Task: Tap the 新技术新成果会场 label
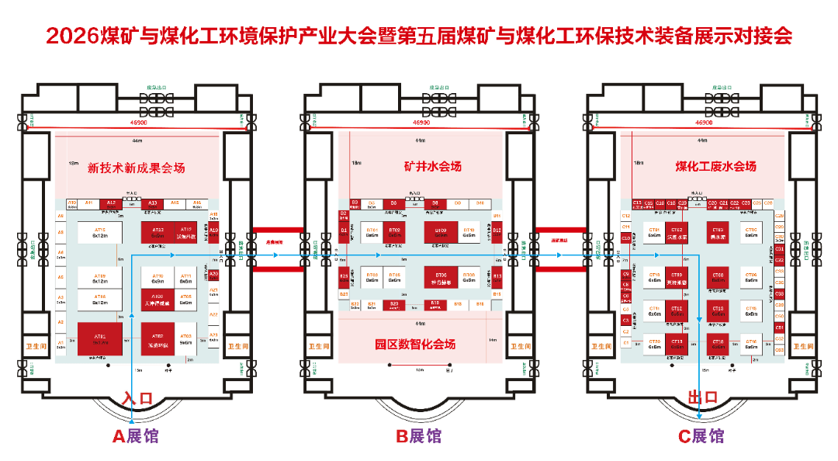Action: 136,167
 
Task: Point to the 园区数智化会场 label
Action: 415,344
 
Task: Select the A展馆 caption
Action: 136,436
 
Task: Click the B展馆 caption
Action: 419,436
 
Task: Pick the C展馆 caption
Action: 701,436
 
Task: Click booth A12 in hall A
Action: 111,203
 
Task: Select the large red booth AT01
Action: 100,338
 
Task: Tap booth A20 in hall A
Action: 213,275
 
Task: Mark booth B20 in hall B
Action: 394,303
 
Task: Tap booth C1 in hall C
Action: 625,341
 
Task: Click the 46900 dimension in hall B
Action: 421,123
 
